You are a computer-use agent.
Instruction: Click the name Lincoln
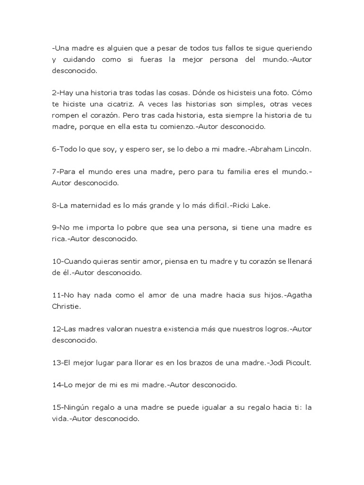pos(298,149)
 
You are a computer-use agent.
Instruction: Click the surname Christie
pos(66,306)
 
